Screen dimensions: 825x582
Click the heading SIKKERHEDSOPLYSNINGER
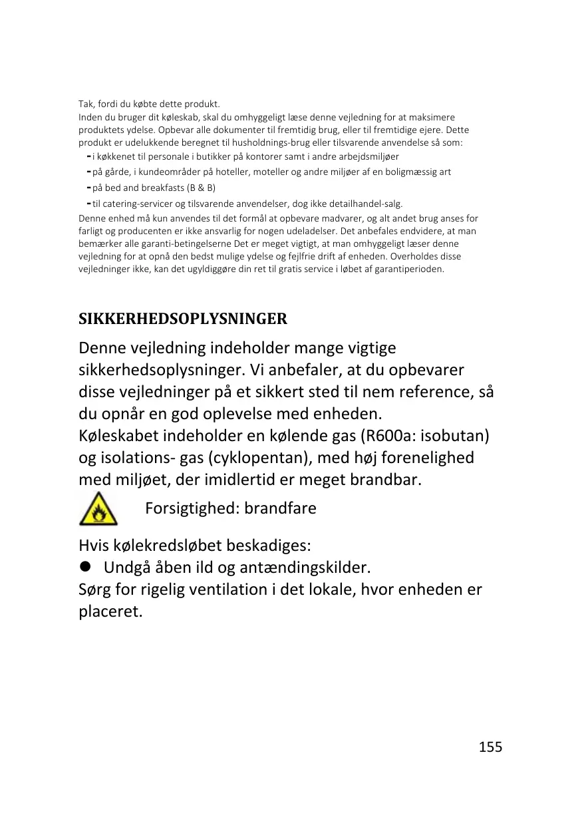pyautogui.click(x=183, y=319)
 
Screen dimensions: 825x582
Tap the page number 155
pyautogui.click(x=491, y=746)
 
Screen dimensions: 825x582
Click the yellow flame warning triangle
pyautogui.click(x=98, y=509)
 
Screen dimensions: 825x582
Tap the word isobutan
pyautogui.click(x=456, y=436)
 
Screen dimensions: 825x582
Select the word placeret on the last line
pyautogui.click(x=110, y=611)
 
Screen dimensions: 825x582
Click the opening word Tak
pyautogui.click(x=86, y=104)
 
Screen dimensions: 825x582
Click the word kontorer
pyautogui.click(x=269, y=156)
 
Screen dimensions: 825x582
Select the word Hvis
pyautogui.click(x=94, y=546)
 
